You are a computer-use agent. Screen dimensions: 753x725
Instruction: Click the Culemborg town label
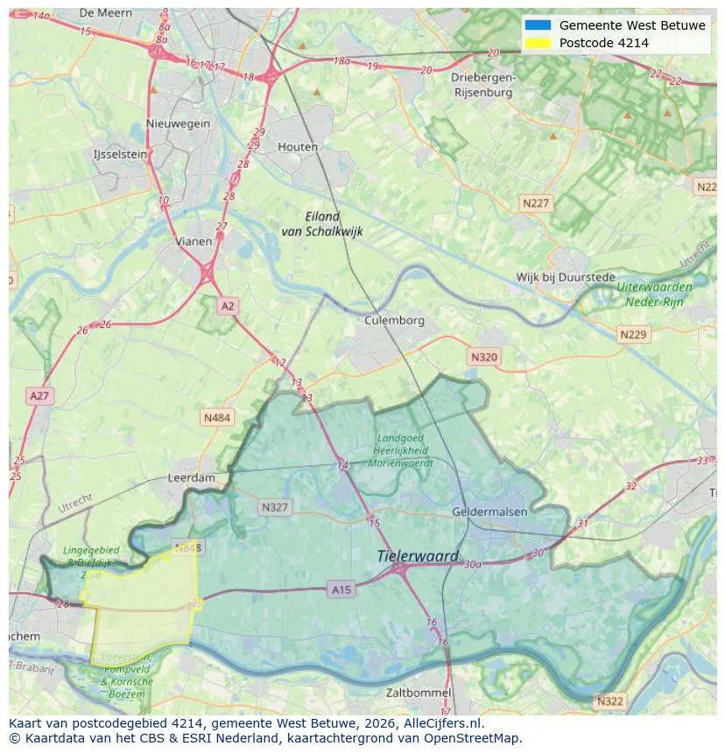[x=394, y=320]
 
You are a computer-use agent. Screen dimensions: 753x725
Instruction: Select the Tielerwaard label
[x=418, y=556]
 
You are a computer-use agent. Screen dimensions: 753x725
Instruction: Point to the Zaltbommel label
[x=419, y=693]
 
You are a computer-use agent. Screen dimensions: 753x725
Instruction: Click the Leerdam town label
[x=191, y=478]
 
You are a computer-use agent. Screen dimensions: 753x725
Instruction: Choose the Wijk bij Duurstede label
[x=566, y=277]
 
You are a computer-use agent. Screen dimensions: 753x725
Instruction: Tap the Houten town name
[x=298, y=147]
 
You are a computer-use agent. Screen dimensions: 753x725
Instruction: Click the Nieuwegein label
[x=179, y=123]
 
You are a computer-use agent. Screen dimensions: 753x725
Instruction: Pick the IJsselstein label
[x=120, y=154]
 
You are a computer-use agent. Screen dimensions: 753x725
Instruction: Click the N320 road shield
[x=483, y=357]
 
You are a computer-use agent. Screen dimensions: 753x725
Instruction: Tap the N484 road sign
[x=217, y=418]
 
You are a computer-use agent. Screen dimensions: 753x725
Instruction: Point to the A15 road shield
[x=341, y=590]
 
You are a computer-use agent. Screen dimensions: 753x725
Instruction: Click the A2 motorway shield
[x=228, y=305]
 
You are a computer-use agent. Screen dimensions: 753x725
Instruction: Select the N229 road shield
[x=632, y=335]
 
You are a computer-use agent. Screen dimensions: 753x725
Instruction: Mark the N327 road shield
[x=274, y=506]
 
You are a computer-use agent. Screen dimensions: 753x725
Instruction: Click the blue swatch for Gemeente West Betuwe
[x=538, y=25]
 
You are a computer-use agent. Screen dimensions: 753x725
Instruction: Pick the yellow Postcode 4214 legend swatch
[x=538, y=43]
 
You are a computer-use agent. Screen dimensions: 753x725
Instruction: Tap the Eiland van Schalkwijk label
[x=322, y=224]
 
